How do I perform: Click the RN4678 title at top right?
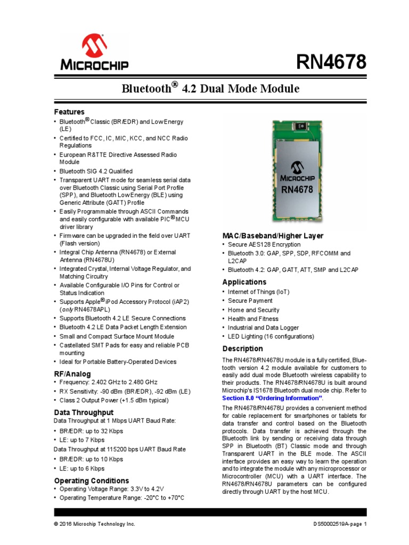(x=331, y=62)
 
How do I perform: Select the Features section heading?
(x=69, y=112)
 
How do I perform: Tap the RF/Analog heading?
(x=72, y=374)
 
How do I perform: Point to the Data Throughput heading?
(x=84, y=412)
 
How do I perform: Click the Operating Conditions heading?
(x=92, y=481)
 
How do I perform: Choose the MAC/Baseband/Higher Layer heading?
(x=273, y=236)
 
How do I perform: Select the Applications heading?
(x=244, y=282)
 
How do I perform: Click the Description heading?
(x=242, y=349)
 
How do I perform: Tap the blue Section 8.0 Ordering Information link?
(x=272, y=398)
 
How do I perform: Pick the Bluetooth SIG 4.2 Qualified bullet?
(x=96, y=171)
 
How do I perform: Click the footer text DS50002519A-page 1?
(x=340, y=524)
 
